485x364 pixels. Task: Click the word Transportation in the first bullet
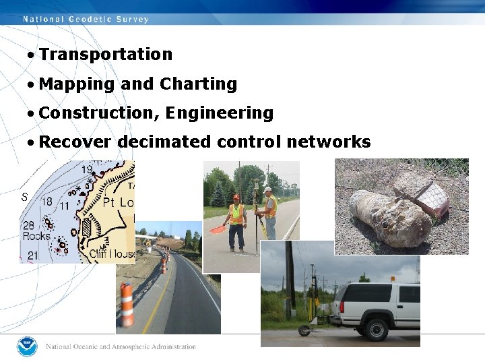tap(106, 55)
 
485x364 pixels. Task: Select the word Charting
tap(199, 84)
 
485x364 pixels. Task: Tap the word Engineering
tap(219, 113)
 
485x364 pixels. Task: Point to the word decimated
tap(164, 142)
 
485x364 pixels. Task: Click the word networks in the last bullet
tap(329, 142)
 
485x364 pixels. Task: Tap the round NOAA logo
tap(28, 346)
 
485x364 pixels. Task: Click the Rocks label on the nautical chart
tap(36, 236)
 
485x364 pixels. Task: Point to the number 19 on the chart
tap(87, 170)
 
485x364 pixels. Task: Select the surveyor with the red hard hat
tap(236, 220)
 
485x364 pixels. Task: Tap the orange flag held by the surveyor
tap(217, 229)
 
